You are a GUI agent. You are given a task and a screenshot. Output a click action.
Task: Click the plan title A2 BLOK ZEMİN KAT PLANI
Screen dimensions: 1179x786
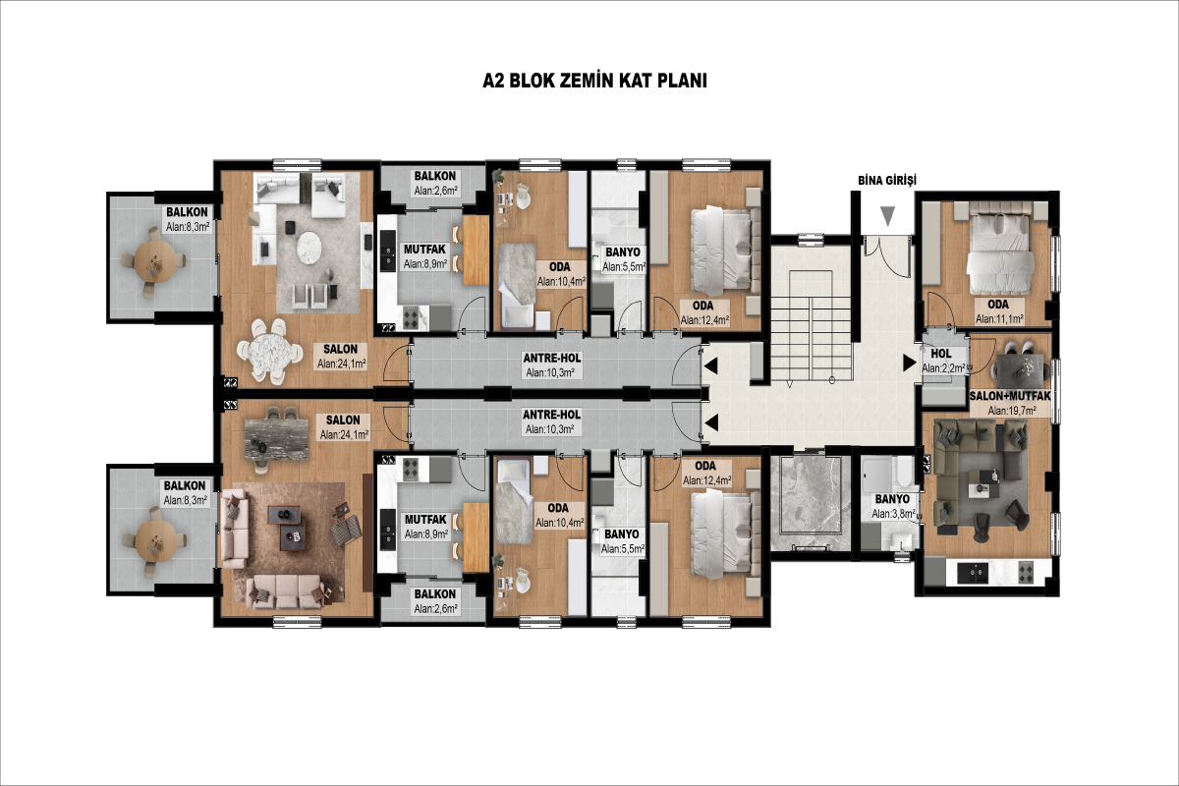click(x=594, y=81)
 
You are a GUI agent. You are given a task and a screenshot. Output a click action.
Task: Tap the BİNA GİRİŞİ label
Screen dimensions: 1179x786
click(x=887, y=180)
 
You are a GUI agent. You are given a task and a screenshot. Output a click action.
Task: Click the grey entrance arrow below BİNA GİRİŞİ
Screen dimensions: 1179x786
click(x=888, y=216)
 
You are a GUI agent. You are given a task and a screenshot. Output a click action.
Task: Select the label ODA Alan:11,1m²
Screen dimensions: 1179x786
click(x=999, y=311)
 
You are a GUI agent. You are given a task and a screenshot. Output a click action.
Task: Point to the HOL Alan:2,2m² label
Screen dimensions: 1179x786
click(x=943, y=362)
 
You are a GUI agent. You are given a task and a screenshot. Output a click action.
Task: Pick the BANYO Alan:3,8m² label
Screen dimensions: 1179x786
click(x=893, y=506)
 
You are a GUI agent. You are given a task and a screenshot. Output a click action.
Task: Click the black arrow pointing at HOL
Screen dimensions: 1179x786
click(x=910, y=363)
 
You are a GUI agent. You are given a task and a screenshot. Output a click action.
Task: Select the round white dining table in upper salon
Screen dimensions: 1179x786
click(x=270, y=352)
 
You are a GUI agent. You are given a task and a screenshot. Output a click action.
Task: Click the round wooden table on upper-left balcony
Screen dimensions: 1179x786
click(x=153, y=260)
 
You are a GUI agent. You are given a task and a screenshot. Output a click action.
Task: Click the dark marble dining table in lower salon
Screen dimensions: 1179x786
click(x=277, y=439)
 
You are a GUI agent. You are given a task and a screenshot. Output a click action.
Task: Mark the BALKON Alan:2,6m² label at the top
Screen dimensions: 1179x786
click(x=434, y=183)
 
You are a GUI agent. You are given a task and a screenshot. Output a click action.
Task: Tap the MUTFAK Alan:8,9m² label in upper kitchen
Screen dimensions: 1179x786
click(x=424, y=256)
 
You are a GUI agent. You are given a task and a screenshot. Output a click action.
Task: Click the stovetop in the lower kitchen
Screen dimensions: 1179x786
click(x=411, y=469)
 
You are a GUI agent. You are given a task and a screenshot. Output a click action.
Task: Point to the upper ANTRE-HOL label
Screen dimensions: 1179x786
click(x=551, y=365)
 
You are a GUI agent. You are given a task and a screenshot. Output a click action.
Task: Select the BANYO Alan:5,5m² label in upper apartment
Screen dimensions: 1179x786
click(x=623, y=259)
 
